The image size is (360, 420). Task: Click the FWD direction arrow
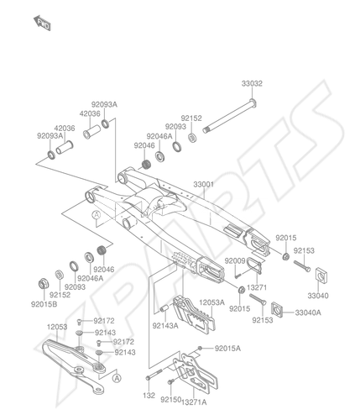[x=42, y=24]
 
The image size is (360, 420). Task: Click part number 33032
[x=252, y=83]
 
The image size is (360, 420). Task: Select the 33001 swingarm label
[x=204, y=185]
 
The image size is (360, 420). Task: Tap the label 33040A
[x=308, y=312]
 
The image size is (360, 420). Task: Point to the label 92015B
[x=44, y=304]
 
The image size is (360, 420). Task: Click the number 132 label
[x=149, y=396]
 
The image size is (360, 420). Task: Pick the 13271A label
[x=194, y=402]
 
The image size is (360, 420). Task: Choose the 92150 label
[x=171, y=400]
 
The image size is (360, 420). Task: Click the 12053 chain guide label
[x=57, y=327]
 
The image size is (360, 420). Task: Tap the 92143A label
[x=165, y=326]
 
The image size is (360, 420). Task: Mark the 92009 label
[x=235, y=260]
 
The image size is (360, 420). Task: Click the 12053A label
[x=211, y=302]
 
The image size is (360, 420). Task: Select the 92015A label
[x=227, y=349]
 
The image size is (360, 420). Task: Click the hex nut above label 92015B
[x=44, y=284]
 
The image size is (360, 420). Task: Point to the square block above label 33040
[x=321, y=276]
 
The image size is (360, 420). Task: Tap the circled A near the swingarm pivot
[x=97, y=215]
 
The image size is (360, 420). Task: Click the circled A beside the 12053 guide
[x=117, y=379]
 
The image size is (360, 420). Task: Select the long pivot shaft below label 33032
[x=230, y=116]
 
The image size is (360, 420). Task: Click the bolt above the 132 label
[x=154, y=375]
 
